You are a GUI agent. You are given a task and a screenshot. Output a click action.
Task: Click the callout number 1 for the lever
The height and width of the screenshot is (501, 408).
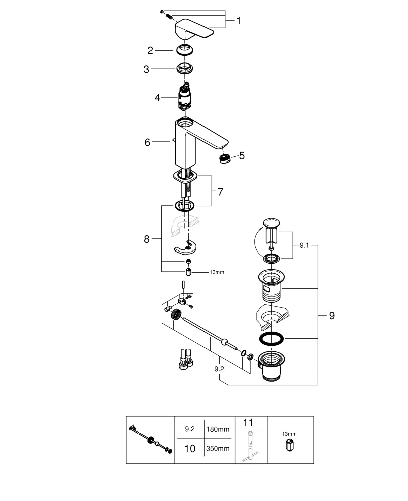pos(239,21)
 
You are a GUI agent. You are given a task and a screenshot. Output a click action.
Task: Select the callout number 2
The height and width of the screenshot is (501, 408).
pos(150,50)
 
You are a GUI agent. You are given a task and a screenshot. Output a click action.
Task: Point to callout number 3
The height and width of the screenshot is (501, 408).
pos(146,69)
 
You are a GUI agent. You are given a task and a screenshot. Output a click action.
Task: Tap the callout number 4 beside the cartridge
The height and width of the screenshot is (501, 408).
pos(157,97)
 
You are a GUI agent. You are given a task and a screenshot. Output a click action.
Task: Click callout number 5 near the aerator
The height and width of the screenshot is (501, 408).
pos(242,156)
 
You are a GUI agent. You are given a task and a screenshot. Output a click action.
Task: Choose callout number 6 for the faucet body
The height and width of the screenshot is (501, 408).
pos(148,142)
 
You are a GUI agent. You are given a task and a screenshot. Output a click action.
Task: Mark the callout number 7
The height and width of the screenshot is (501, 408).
pos(220,192)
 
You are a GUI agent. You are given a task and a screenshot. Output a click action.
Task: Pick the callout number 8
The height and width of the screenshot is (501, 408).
pos(147,239)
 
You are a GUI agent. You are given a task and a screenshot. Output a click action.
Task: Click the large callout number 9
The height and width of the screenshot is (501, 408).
pos(332,316)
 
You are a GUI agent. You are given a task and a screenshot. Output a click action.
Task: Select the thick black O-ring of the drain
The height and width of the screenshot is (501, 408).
pos(271,339)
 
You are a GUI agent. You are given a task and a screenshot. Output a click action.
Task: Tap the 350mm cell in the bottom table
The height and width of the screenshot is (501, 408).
pos(217,448)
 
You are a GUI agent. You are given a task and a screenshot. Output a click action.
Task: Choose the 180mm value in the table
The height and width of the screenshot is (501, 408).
pos(217,429)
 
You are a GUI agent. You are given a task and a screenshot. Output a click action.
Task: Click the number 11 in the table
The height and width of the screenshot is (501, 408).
pos(248,423)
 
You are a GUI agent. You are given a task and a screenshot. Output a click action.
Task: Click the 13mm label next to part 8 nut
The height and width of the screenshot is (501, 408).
pos(217,272)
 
